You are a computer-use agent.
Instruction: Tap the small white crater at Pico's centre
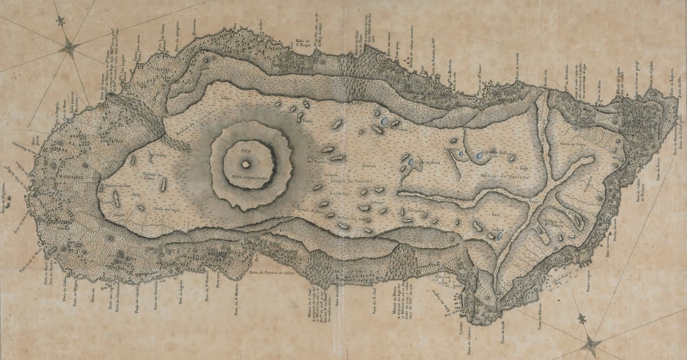pos(245,164)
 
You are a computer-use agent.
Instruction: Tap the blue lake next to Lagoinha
pos(460,153)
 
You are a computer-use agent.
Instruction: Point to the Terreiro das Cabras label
pos(153,177)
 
